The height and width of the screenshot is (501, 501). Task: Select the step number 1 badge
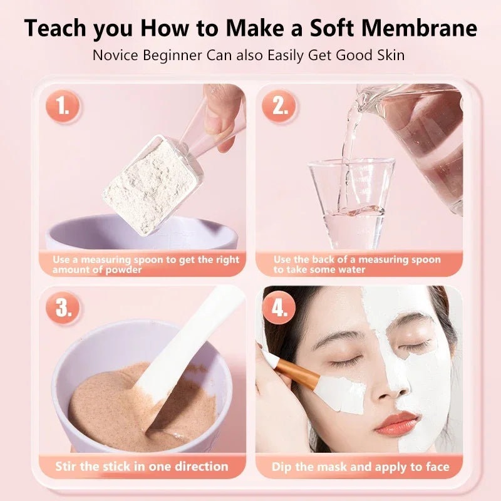pyautogui.click(x=63, y=108)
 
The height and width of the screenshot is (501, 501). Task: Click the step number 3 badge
pyautogui.click(x=63, y=307)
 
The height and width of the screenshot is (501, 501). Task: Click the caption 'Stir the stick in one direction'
pyautogui.click(x=142, y=467)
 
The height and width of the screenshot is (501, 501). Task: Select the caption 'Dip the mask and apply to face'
pyautogui.click(x=360, y=467)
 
